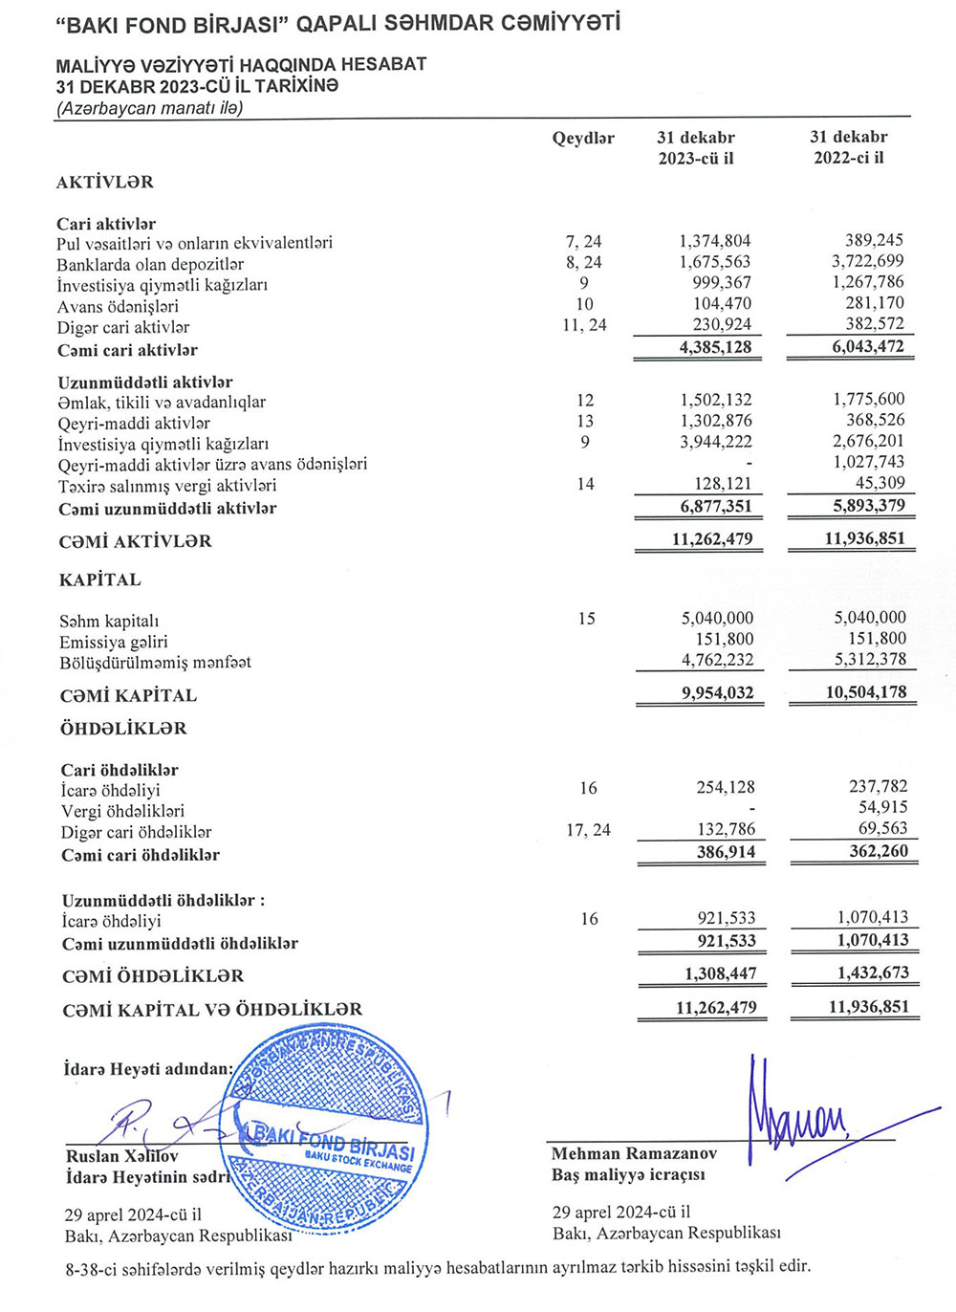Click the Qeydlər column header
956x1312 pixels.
click(x=583, y=139)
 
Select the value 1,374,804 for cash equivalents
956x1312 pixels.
click(x=715, y=241)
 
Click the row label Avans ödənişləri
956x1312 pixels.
click(x=118, y=306)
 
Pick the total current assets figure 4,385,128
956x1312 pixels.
click(x=715, y=347)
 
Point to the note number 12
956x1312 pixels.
click(x=585, y=400)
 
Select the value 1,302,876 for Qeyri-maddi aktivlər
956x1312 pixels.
click(x=715, y=421)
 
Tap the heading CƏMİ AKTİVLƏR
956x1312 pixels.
click(x=135, y=541)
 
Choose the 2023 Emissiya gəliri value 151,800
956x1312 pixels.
click(x=724, y=639)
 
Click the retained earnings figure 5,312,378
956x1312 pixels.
click(x=870, y=660)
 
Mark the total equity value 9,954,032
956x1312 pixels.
click(x=717, y=693)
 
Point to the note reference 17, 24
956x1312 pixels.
click(x=588, y=830)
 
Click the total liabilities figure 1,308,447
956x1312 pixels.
click(x=720, y=973)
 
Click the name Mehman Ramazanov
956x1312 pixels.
click(x=634, y=1154)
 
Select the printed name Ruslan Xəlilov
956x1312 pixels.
click(x=121, y=1156)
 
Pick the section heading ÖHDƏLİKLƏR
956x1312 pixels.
click(x=124, y=729)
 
